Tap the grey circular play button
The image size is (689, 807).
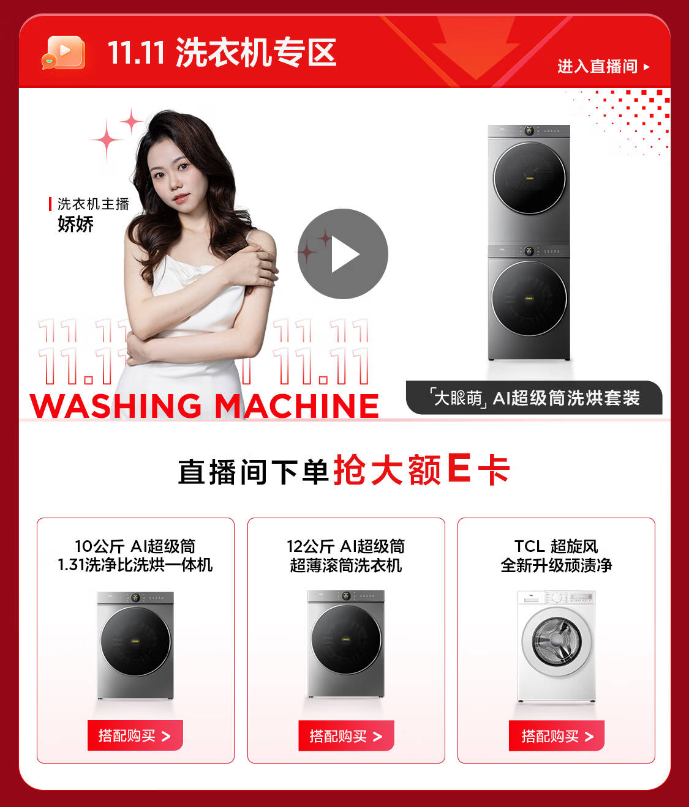point(343,254)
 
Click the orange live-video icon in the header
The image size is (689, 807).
point(63,53)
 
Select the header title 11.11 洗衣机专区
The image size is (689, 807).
point(222,53)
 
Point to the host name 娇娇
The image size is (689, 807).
point(75,224)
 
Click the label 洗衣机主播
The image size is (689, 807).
point(93,204)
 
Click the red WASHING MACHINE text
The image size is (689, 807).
point(205,406)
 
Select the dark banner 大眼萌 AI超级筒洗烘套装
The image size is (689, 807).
point(534,398)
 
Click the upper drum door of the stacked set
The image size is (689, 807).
point(529,178)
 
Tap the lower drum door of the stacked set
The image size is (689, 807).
point(529,299)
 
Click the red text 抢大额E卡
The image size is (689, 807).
point(422,470)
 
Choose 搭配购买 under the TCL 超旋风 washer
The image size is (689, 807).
point(557,735)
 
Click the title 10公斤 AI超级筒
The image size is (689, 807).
point(135,546)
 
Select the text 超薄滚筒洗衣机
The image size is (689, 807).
point(346,565)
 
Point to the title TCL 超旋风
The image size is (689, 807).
point(556,546)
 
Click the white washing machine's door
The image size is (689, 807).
point(557,642)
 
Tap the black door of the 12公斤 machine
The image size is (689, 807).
point(346,640)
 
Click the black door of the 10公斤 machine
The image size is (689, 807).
point(135,641)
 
